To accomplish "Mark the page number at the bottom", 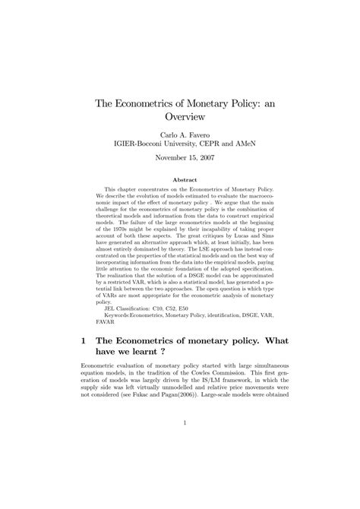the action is pos(180,466).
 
